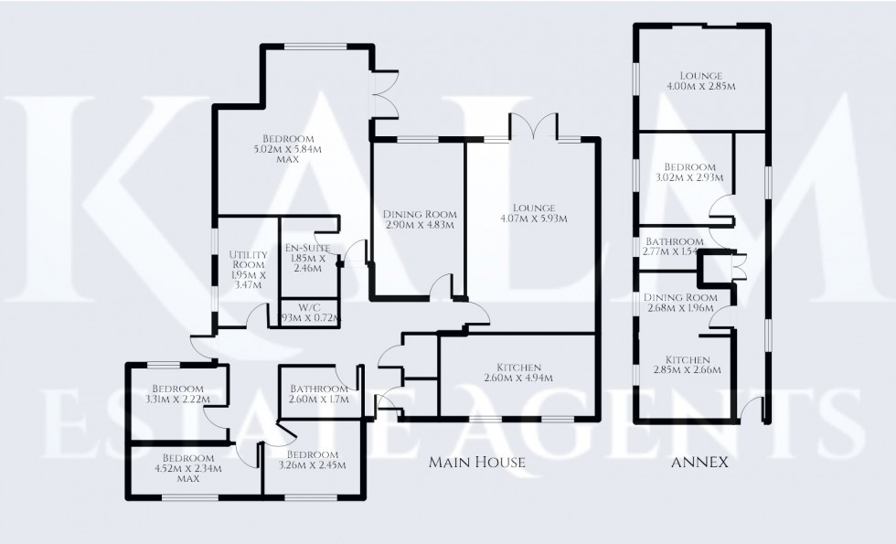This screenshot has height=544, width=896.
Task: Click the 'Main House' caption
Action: point(477,463)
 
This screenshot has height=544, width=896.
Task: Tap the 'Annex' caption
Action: point(699,463)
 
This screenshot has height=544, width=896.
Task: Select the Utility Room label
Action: point(247,270)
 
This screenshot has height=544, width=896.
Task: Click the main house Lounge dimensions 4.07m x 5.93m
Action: point(534,213)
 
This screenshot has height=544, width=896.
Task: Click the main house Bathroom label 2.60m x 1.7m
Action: point(320,394)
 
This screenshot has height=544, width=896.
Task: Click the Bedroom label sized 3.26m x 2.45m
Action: point(312,460)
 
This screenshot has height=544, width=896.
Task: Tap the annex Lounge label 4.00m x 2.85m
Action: point(701,80)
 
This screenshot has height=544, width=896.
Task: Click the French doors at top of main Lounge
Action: point(534,126)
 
